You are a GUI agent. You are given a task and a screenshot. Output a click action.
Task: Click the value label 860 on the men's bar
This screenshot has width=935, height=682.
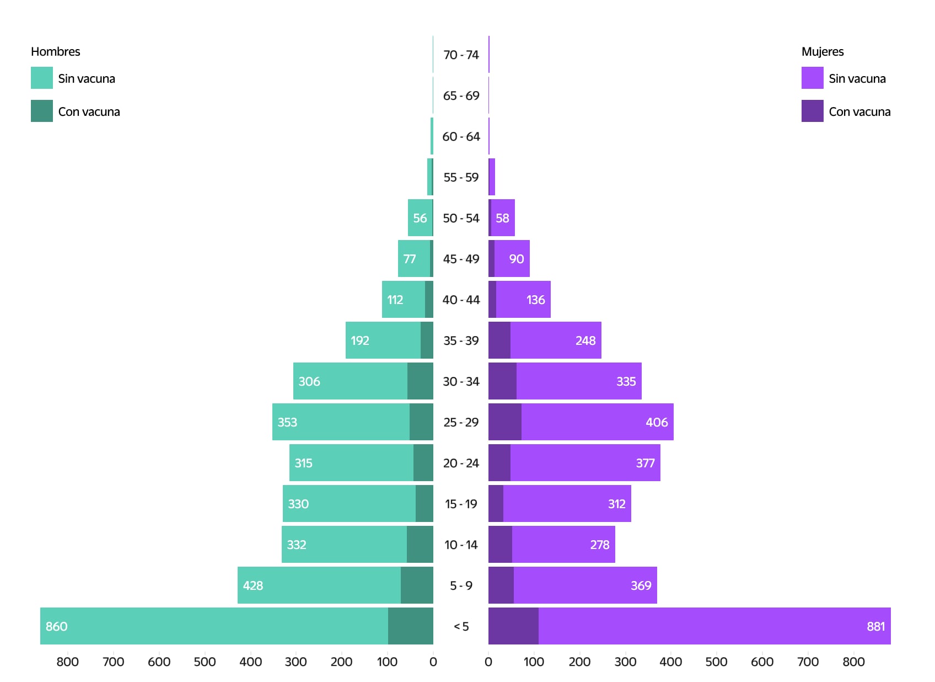click(56, 626)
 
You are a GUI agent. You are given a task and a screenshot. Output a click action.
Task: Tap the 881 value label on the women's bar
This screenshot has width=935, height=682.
click(875, 626)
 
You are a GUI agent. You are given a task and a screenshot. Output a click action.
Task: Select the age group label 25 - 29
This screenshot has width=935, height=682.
click(461, 422)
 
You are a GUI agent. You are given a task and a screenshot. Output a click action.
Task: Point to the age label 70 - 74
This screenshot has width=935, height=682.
click(461, 55)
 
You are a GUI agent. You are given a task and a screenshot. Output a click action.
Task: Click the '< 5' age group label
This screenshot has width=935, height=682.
click(461, 626)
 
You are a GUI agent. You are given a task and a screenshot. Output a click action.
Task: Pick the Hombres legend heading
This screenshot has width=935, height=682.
click(55, 51)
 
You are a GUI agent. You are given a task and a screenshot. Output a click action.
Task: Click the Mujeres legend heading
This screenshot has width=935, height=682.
click(822, 51)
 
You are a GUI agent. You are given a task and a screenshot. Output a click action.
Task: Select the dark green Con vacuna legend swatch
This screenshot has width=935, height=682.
click(42, 111)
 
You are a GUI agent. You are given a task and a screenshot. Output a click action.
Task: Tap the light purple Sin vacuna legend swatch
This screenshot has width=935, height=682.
click(812, 78)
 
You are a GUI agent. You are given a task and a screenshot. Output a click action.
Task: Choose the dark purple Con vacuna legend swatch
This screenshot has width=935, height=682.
click(812, 111)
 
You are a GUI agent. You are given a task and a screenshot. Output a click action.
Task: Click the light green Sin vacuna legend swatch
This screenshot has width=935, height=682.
click(42, 78)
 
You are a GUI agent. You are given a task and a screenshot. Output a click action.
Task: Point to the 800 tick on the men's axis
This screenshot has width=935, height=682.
click(68, 662)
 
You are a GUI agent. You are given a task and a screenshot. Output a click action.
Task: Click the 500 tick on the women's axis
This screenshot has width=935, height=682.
click(716, 662)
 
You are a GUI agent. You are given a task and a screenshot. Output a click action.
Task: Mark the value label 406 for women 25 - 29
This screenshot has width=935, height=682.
click(657, 422)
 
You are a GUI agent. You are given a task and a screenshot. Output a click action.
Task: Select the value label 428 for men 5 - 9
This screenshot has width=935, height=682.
click(252, 585)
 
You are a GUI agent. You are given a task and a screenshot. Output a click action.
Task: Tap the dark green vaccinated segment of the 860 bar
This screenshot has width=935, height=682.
click(410, 626)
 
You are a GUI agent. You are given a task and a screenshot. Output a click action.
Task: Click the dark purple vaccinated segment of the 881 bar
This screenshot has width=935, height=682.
click(513, 626)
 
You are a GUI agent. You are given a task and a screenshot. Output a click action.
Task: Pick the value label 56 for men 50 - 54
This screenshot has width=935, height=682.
click(420, 218)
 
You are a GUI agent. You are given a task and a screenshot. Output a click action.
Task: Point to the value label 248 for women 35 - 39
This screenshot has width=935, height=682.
click(585, 340)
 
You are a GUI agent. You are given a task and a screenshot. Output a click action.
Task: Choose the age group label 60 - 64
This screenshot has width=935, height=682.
click(461, 136)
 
